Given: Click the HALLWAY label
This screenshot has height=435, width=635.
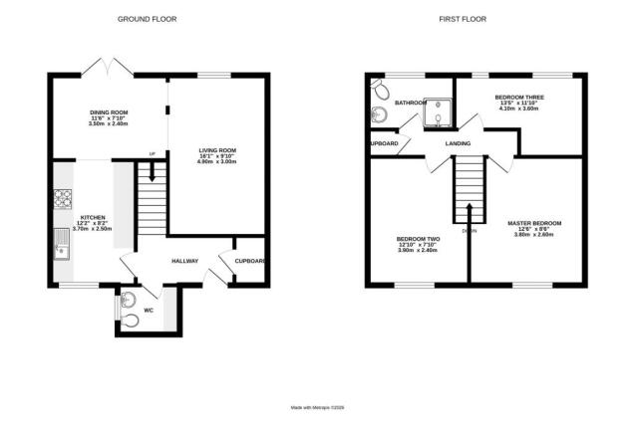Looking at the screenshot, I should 184,262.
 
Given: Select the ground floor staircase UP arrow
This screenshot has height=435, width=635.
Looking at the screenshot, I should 152,172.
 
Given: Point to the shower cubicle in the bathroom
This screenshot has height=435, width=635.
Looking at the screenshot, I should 438,114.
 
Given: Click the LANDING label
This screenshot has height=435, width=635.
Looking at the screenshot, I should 458,143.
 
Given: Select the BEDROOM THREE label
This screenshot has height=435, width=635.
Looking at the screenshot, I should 516,97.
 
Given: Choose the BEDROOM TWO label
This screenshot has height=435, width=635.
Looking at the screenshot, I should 418,239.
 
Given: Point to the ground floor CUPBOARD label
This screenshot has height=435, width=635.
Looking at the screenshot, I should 249,262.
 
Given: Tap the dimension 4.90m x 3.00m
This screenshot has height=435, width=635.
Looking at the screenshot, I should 215,165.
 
